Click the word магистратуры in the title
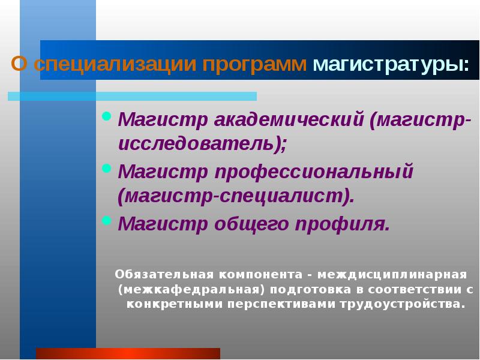click(391, 65)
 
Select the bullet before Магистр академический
click(107, 116)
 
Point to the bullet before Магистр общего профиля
click(107, 220)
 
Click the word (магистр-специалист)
click(236, 196)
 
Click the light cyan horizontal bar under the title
click(132, 96)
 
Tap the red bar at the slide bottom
click(128, 353)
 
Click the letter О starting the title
click(19, 65)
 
